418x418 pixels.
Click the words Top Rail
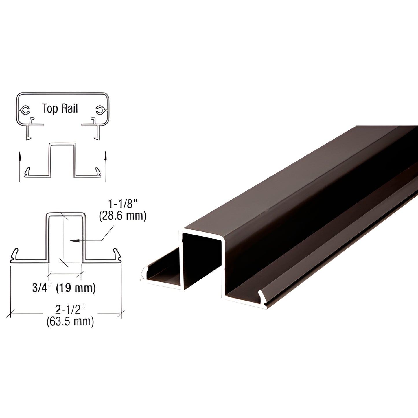(60, 108)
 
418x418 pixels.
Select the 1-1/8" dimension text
(123, 204)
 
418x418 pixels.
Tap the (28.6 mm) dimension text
(123, 216)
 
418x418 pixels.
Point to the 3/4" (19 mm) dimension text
(64, 288)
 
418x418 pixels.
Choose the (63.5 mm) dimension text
(70, 321)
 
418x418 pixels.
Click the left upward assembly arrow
(20, 166)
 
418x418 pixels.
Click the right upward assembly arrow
(105, 166)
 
